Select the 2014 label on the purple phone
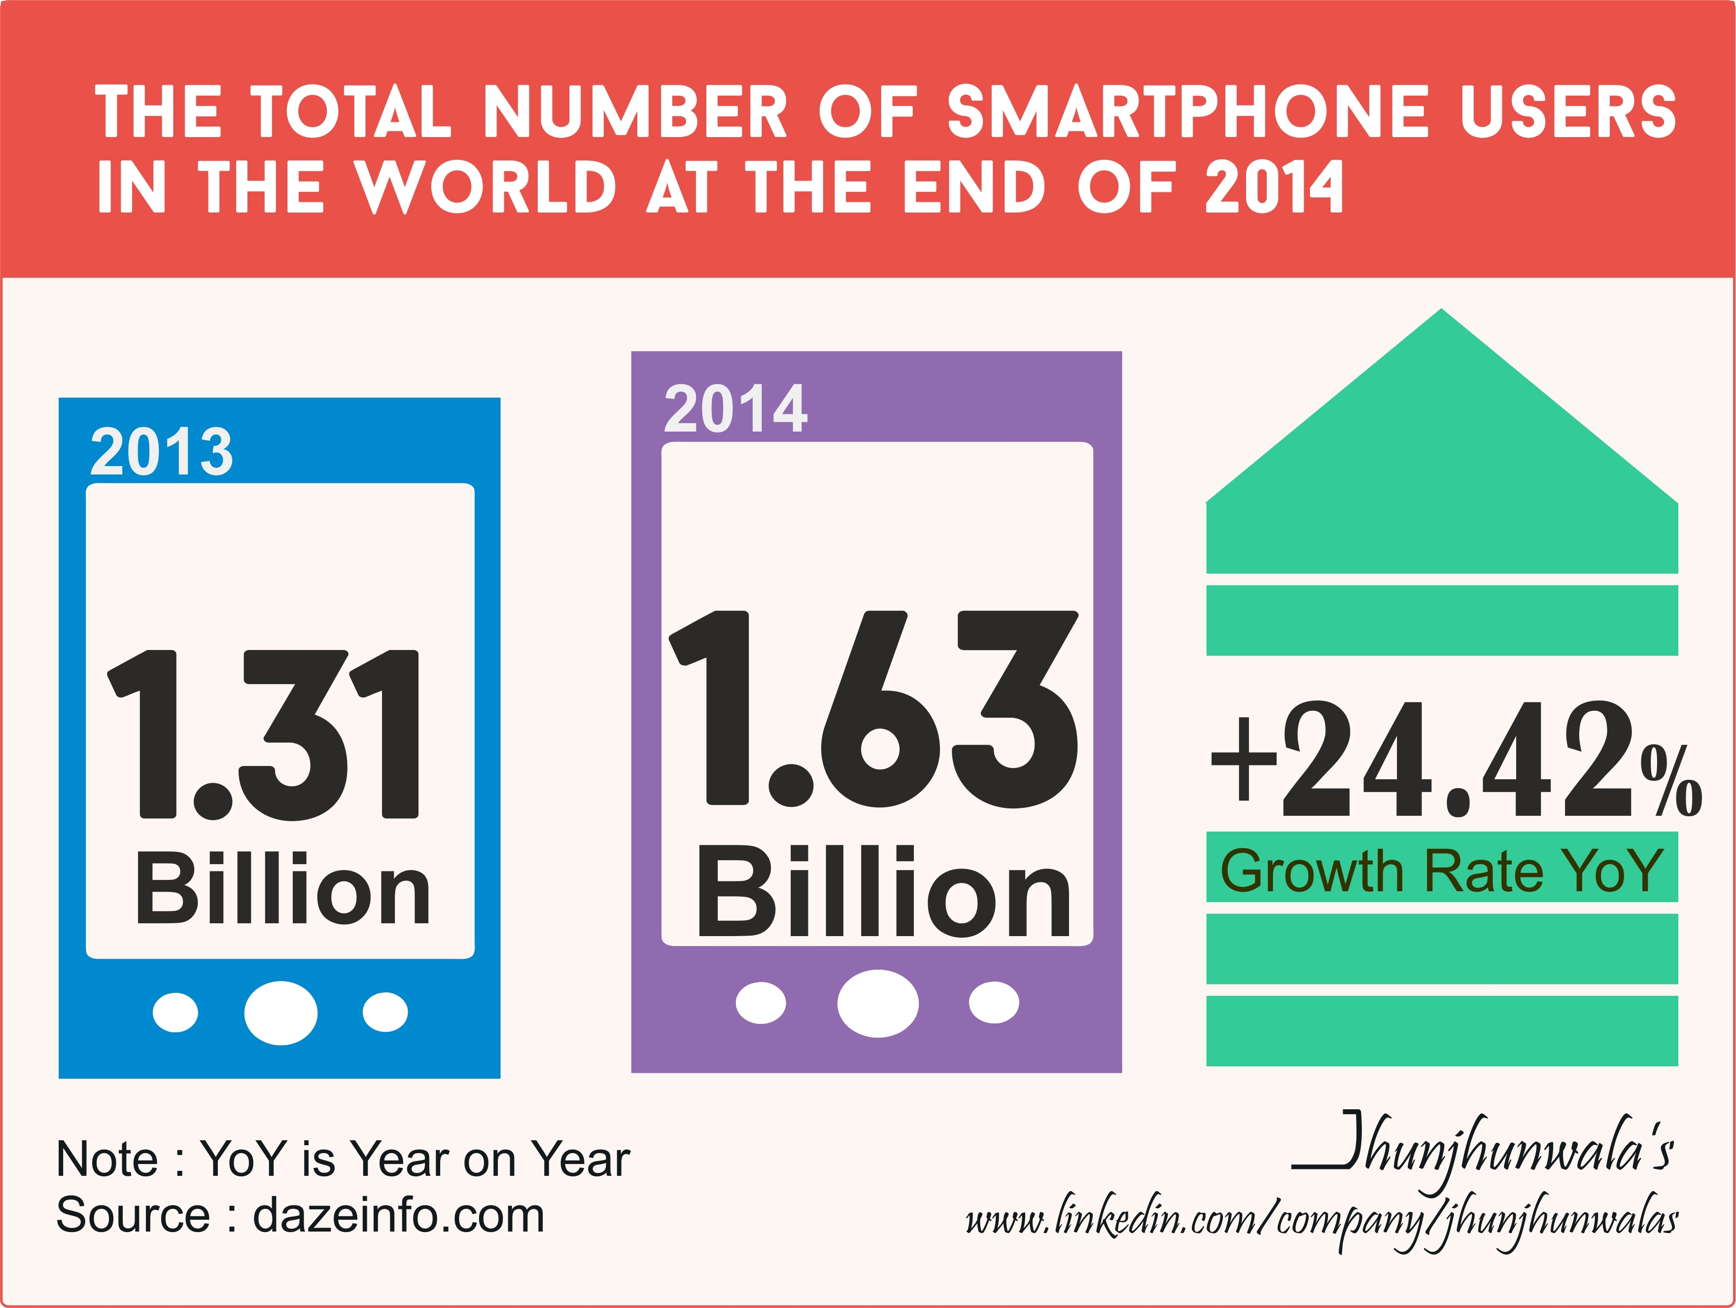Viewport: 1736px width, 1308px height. (x=735, y=408)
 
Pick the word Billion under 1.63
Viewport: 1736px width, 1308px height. (x=884, y=893)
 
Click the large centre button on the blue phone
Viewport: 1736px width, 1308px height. (x=281, y=1013)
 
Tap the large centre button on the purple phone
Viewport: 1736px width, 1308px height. (x=877, y=1003)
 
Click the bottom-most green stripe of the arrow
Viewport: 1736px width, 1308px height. (x=1442, y=1031)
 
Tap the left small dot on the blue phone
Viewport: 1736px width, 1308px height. (x=175, y=1013)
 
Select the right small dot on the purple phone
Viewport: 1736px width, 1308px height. (x=994, y=1003)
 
